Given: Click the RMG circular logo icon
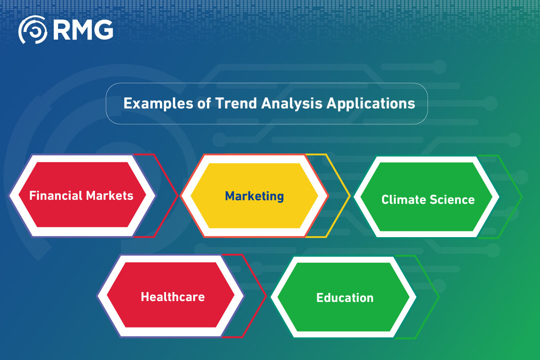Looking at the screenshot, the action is [x=32, y=30].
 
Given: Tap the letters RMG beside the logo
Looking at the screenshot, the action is [x=83, y=30].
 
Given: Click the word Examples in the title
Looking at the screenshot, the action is [x=158, y=103].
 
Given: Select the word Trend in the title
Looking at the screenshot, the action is [x=236, y=103].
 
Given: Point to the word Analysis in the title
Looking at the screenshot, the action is [x=292, y=104].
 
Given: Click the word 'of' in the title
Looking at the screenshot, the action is [x=204, y=103].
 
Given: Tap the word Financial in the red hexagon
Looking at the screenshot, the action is [x=56, y=195].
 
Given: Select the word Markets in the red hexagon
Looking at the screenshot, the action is [x=110, y=195].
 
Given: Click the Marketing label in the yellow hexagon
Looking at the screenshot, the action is [x=254, y=196].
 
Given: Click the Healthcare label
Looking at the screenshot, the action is [x=173, y=297].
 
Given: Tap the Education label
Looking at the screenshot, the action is [x=345, y=298].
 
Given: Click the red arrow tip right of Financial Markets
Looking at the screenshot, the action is [x=178, y=196].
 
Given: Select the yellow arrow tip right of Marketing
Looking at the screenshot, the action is [x=350, y=196].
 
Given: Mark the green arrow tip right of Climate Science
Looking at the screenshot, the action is [x=522, y=197].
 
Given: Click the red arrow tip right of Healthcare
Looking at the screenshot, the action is [x=266, y=296].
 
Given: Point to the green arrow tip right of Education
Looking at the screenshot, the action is [x=439, y=297].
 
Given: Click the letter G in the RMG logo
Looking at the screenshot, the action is [x=103, y=30].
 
